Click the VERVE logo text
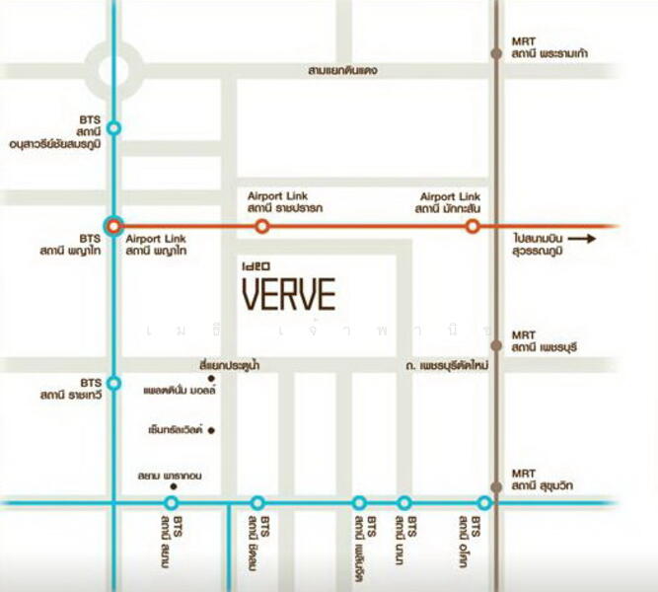pos(289,294)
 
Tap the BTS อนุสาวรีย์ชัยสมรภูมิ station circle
pos(114,128)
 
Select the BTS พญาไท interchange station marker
pos(114,226)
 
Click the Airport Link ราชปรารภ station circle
pos(261,226)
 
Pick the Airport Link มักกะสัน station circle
pos(472,226)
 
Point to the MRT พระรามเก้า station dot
pos(495,53)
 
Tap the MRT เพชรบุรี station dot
pos(495,347)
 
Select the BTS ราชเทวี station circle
pos(114,383)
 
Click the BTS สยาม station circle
pos(172,502)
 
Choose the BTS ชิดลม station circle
pos(257,502)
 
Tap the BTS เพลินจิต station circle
pos(359,502)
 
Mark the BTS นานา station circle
pos(403,502)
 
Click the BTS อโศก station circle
pos(484,502)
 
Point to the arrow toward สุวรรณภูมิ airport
pos(583,239)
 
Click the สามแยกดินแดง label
pos(342,71)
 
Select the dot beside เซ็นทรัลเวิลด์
pos(211,430)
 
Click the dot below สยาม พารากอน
pos(174,486)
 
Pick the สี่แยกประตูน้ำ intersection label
pos(228,365)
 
